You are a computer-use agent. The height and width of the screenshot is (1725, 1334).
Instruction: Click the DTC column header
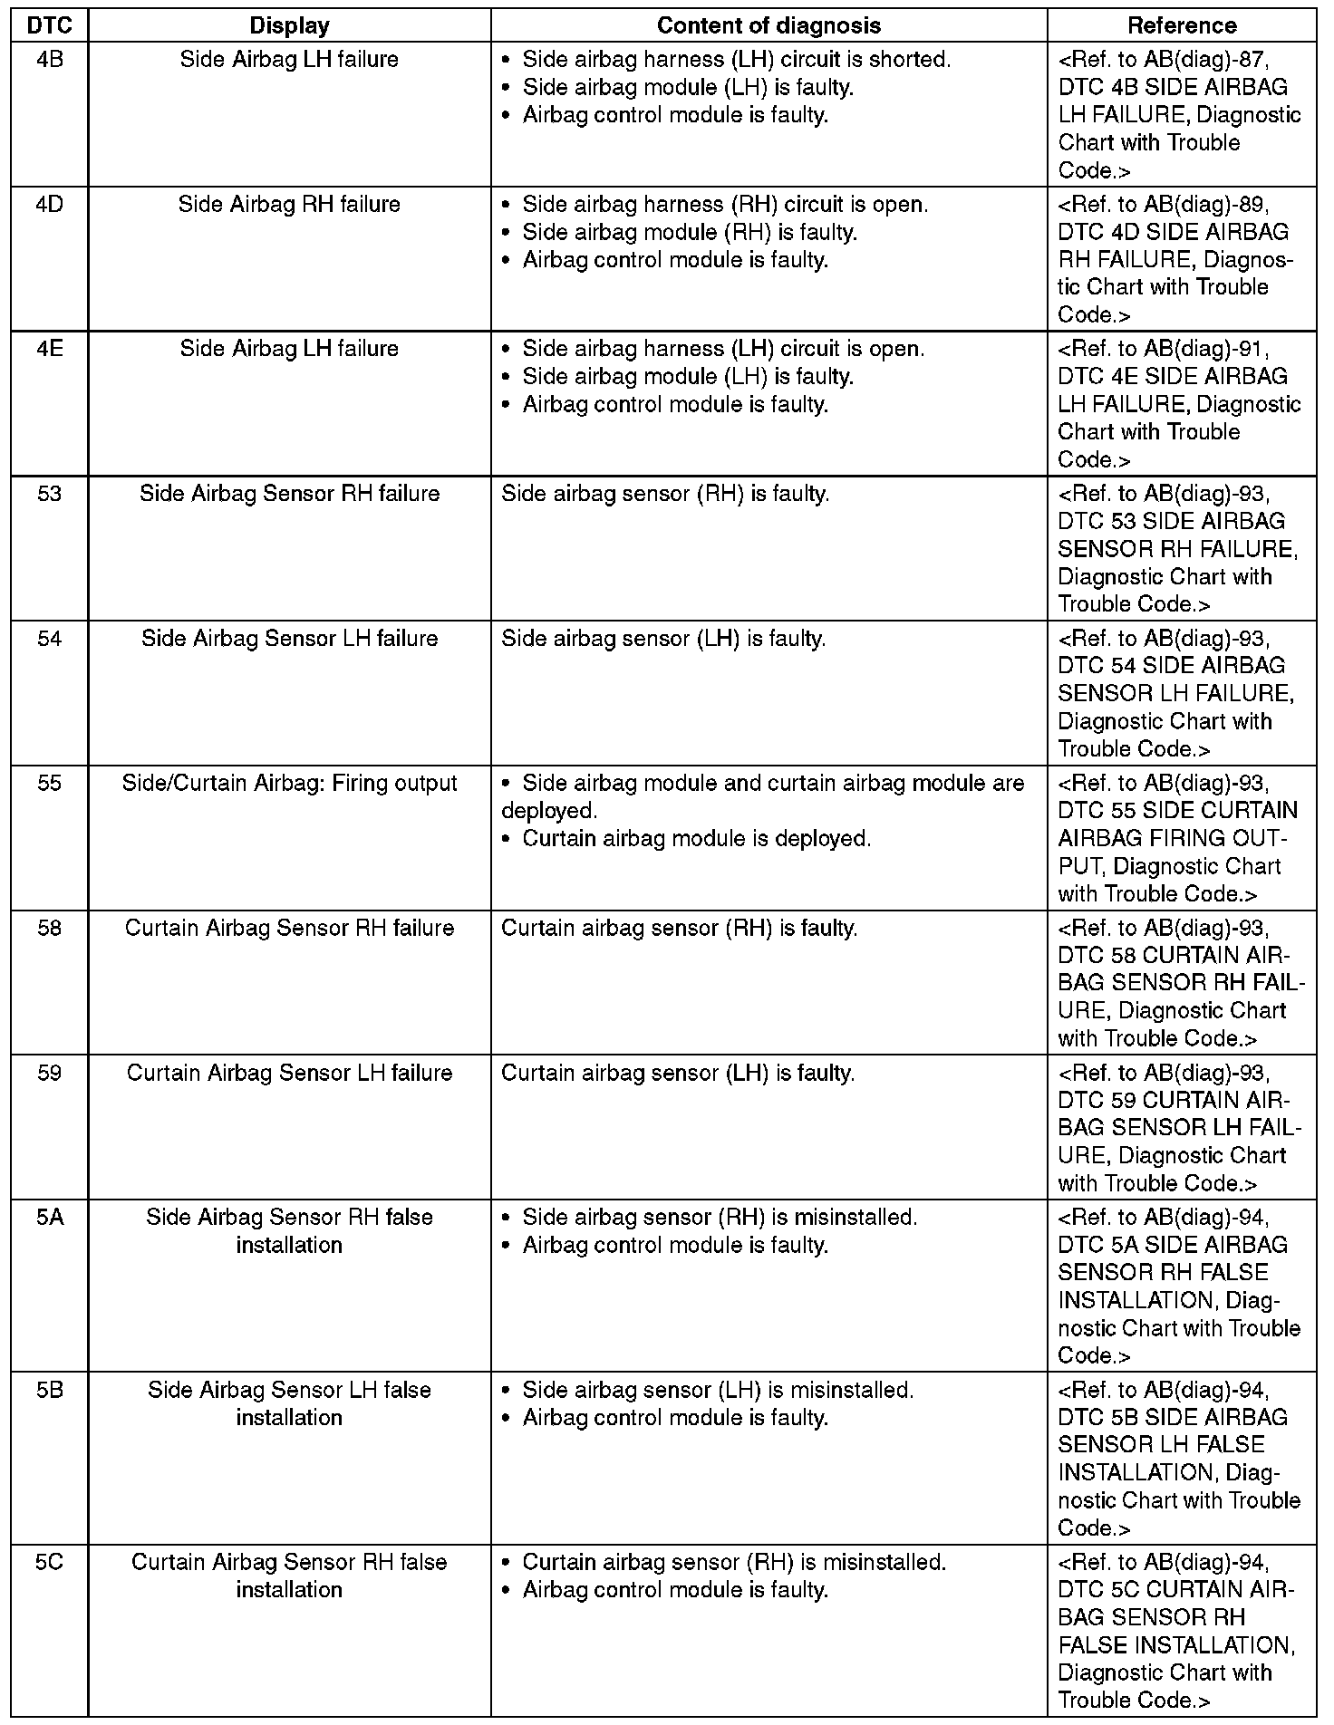tap(50, 25)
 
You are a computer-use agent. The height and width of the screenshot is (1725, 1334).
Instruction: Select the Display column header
tap(289, 25)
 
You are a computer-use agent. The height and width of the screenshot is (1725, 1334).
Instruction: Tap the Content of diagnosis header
tap(768, 25)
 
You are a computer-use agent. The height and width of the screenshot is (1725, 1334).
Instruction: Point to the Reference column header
tap(1182, 25)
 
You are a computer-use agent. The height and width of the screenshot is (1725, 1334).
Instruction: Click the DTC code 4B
tap(50, 60)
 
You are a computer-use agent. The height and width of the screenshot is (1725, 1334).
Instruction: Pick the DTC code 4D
tap(50, 205)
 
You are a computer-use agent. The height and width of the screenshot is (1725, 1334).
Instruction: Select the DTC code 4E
tap(50, 349)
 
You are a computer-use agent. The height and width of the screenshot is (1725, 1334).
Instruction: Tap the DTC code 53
tap(50, 494)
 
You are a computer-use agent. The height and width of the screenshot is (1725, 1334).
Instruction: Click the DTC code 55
tap(50, 784)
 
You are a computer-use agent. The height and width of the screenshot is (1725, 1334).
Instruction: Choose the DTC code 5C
tap(50, 1563)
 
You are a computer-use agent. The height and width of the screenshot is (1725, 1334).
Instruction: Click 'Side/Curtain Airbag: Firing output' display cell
tap(289, 784)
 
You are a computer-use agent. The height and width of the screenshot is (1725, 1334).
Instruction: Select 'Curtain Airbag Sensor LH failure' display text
tap(289, 1074)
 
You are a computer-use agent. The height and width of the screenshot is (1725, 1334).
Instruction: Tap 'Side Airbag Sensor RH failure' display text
tap(289, 494)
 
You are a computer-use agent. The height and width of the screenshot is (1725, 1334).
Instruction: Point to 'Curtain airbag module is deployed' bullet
tap(696, 839)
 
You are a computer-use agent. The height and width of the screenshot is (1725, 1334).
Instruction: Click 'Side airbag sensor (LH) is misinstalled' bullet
tap(718, 1391)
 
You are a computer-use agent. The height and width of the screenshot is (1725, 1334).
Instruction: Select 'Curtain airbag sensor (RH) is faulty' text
tap(679, 929)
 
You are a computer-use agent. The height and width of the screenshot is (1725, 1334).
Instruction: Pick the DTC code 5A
tap(50, 1218)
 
